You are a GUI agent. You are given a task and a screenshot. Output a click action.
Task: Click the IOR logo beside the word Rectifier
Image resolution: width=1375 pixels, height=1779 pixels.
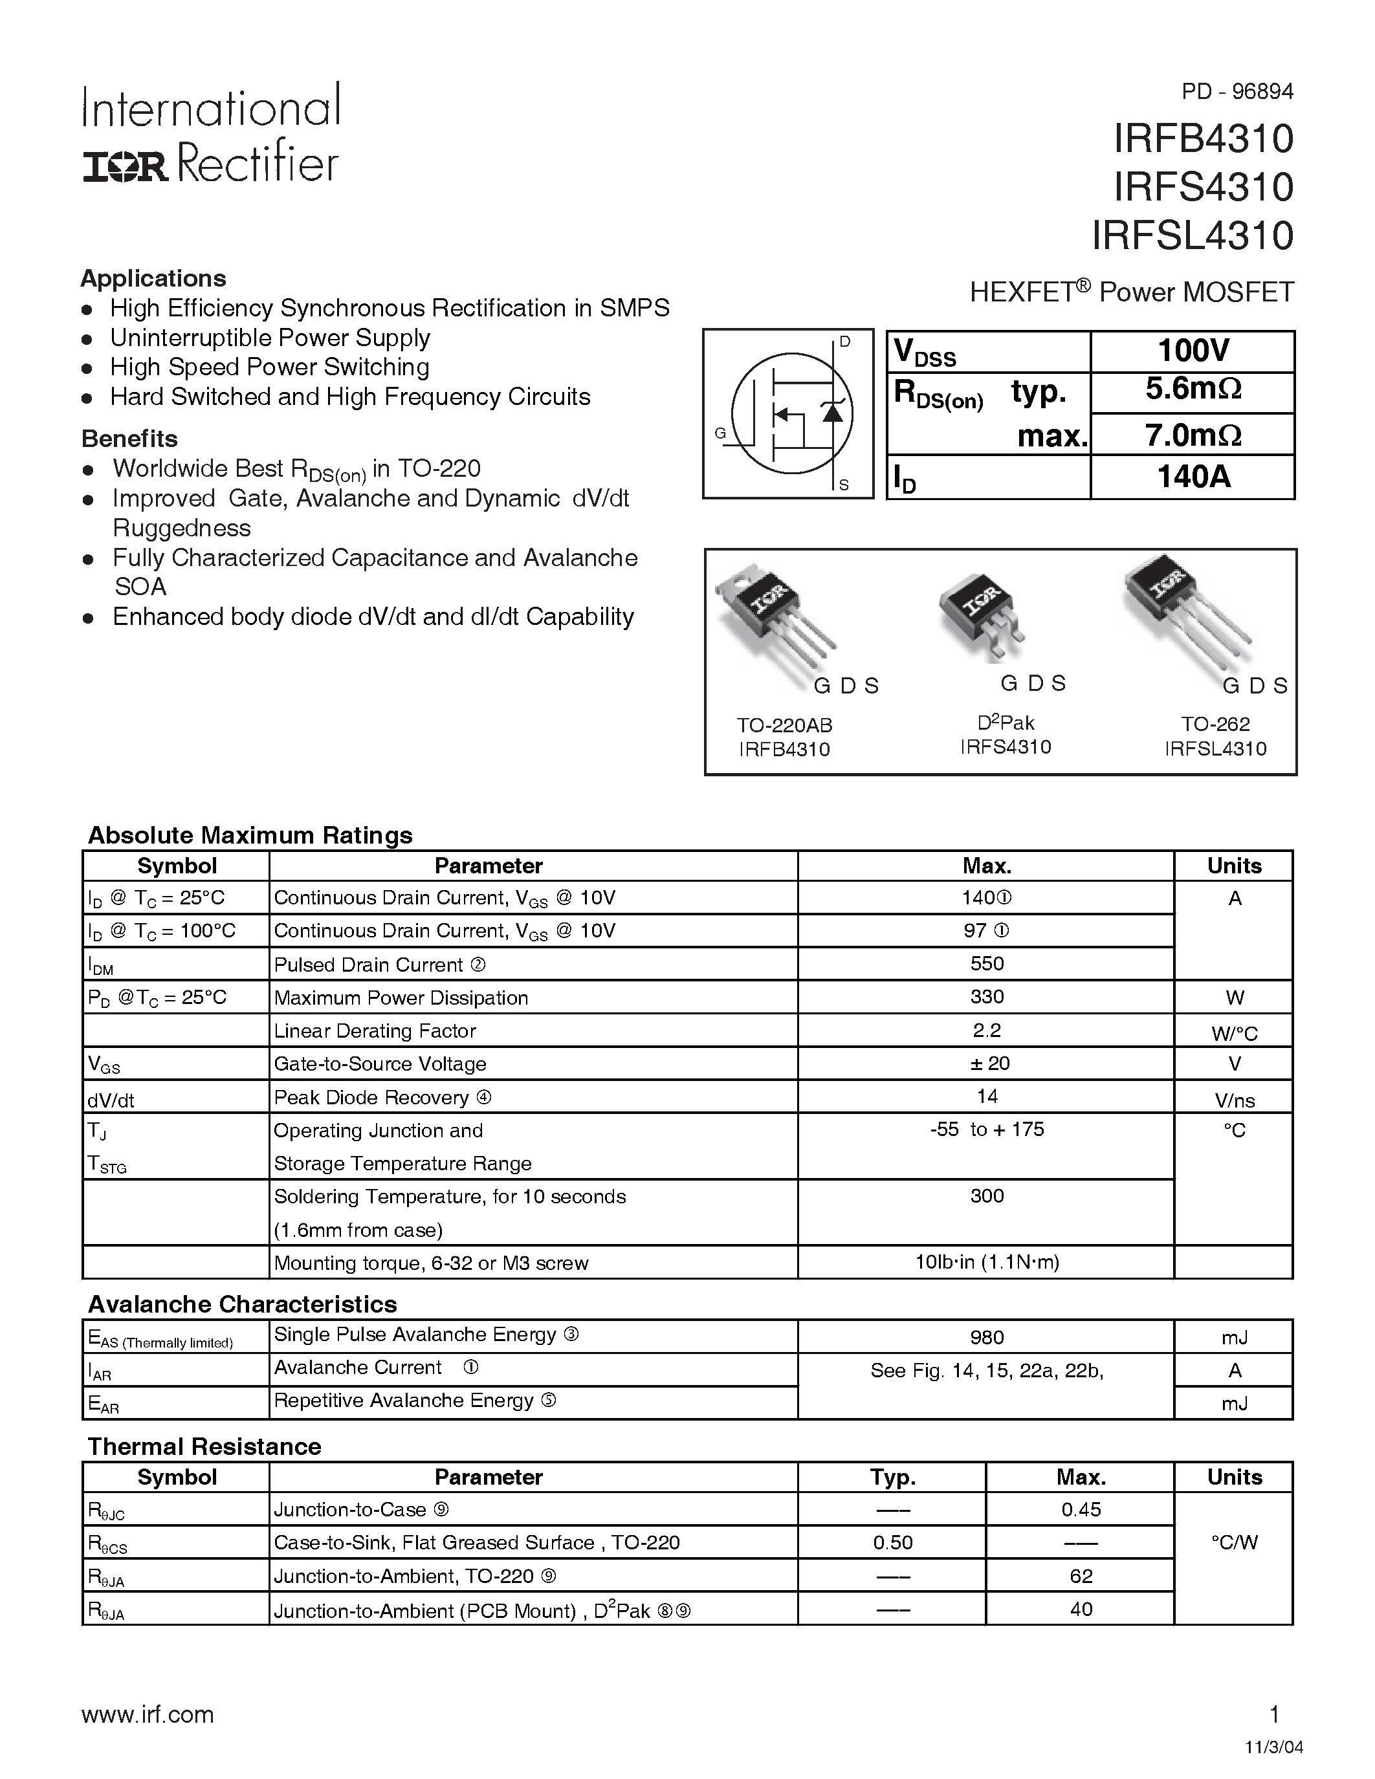tap(125, 168)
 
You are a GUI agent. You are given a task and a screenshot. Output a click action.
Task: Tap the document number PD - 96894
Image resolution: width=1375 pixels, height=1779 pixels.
tap(1237, 91)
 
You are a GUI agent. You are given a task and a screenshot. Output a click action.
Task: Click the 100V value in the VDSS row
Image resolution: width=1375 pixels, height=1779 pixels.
tap(1192, 351)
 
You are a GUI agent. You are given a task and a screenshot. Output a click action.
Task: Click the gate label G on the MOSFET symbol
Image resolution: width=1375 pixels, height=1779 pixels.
tap(720, 433)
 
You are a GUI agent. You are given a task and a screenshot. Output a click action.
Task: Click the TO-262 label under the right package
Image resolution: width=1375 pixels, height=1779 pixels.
tap(1215, 724)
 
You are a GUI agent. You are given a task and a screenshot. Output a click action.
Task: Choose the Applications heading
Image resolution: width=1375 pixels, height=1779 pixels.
tap(153, 279)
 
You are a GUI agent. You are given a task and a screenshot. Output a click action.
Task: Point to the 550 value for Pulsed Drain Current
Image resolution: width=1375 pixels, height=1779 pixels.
tap(987, 964)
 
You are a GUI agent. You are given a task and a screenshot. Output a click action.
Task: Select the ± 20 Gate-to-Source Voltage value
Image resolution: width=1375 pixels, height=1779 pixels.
tap(987, 1063)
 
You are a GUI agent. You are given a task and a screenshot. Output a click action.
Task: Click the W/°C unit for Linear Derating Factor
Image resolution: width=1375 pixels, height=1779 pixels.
tap(1234, 1034)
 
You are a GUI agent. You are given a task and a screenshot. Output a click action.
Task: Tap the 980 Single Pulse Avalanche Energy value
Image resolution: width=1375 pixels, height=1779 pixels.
tap(987, 1337)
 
